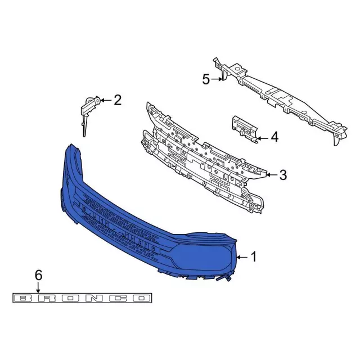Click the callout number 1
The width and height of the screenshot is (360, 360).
click(254, 256)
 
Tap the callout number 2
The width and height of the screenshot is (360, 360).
click(118, 100)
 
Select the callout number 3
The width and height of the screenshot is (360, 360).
click(283, 175)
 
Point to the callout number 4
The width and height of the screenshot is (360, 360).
click(274, 137)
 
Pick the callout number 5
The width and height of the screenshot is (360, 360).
click(206, 79)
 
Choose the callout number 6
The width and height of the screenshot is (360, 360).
click(38, 275)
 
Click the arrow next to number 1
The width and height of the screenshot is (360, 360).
click(242, 258)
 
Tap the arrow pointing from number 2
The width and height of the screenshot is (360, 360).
click(106, 100)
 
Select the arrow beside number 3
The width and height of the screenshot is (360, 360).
click(272, 175)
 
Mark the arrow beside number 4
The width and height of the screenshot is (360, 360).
click(263, 138)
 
